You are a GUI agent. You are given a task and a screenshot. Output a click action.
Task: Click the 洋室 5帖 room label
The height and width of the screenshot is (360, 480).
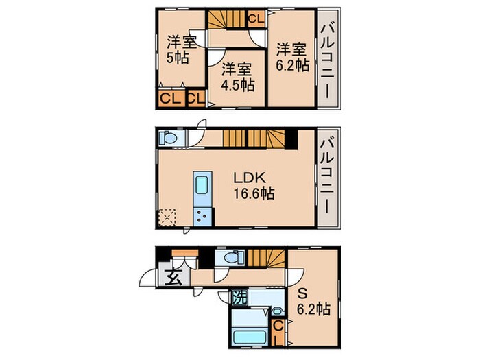tap(182, 49)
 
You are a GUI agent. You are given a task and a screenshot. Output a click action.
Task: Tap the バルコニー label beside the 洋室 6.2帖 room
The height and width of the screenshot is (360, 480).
tap(328, 58)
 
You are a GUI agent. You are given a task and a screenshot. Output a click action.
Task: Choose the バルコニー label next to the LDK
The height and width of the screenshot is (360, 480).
tap(328, 176)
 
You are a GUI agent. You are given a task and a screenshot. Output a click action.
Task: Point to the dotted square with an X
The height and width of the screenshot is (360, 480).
tap(167, 218)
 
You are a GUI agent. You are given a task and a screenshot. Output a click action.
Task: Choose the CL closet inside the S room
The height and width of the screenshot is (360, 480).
tap(278, 332)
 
